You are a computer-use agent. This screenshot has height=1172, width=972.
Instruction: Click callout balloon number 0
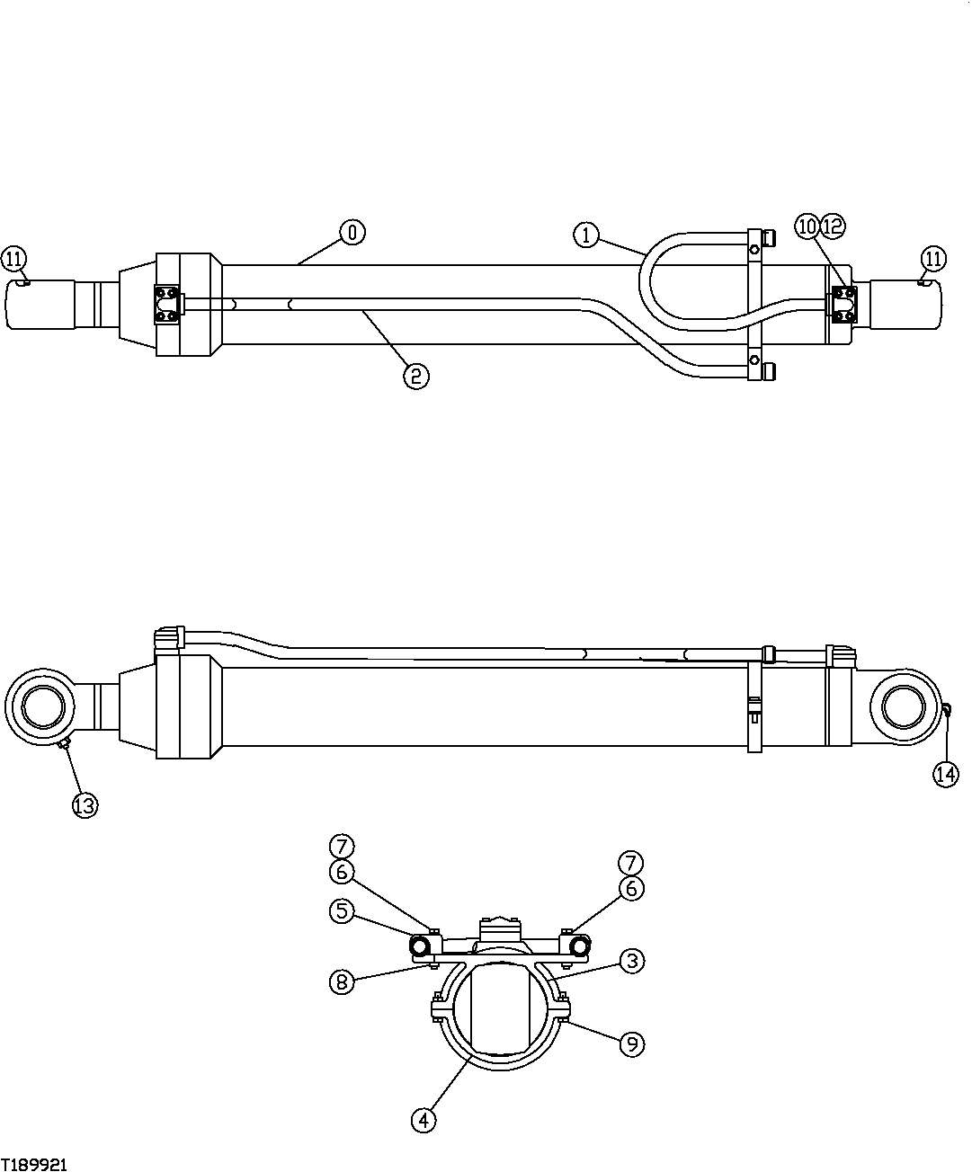352,232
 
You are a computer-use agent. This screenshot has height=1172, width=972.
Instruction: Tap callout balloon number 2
415,376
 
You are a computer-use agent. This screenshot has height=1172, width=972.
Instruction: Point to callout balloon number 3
632,961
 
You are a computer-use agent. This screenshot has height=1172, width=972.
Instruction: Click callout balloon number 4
424,1120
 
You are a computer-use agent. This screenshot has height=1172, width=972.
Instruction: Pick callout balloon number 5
341,910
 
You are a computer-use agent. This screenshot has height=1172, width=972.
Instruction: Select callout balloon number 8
341,981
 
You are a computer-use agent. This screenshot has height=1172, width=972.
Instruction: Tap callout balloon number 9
632,1043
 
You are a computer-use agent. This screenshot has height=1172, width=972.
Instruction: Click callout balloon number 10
807,226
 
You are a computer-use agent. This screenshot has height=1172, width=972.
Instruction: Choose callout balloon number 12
833,226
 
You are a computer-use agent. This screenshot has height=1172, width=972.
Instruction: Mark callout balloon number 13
84,805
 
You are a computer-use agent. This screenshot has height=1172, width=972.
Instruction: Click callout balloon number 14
946,774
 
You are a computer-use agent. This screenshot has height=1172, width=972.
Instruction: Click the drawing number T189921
34,1164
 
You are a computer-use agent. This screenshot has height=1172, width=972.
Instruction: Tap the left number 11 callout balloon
13,260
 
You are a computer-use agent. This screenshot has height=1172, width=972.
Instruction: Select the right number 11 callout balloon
934,260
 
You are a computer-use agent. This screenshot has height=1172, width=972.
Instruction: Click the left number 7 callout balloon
341,846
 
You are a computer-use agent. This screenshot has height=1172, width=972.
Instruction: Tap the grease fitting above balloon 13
61,743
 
